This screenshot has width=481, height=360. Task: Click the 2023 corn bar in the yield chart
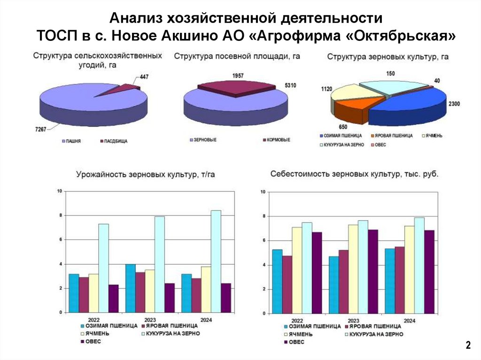point(160,264)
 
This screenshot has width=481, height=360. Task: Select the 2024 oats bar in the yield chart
point(226,298)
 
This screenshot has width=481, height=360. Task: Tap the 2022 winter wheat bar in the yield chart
point(74,293)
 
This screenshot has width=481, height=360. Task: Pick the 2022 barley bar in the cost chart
point(297,270)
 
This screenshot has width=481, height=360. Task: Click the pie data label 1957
point(238,76)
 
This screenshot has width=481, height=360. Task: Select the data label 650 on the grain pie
point(343,127)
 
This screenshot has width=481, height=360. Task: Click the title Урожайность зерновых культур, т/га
point(146,175)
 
